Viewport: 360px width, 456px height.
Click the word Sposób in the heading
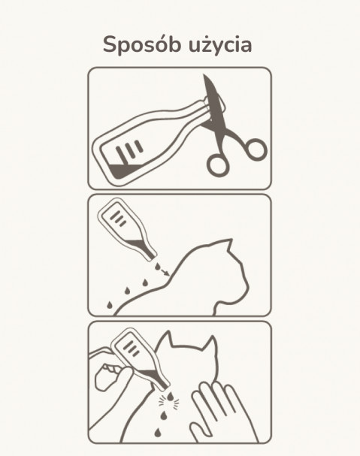click(x=142, y=45)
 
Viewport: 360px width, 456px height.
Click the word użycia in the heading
click(x=220, y=45)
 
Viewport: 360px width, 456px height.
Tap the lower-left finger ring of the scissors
click(x=217, y=165)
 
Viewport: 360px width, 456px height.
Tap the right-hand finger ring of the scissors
click(x=255, y=149)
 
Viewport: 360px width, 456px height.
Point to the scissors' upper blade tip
click(x=204, y=76)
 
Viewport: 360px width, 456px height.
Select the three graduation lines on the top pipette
click(x=129, y=149)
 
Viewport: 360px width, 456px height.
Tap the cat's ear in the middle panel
click(x=227, y=246)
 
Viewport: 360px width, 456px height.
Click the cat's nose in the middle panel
click(x=247, y=286)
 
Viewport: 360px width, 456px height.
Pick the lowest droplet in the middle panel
click(x=110, y=305)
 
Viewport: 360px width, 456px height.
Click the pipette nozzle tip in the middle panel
click(x=153, y=258)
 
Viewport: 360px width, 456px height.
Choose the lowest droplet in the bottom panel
click(x=157, y=433)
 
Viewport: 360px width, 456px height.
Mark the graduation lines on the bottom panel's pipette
click(x=131, y=349)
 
